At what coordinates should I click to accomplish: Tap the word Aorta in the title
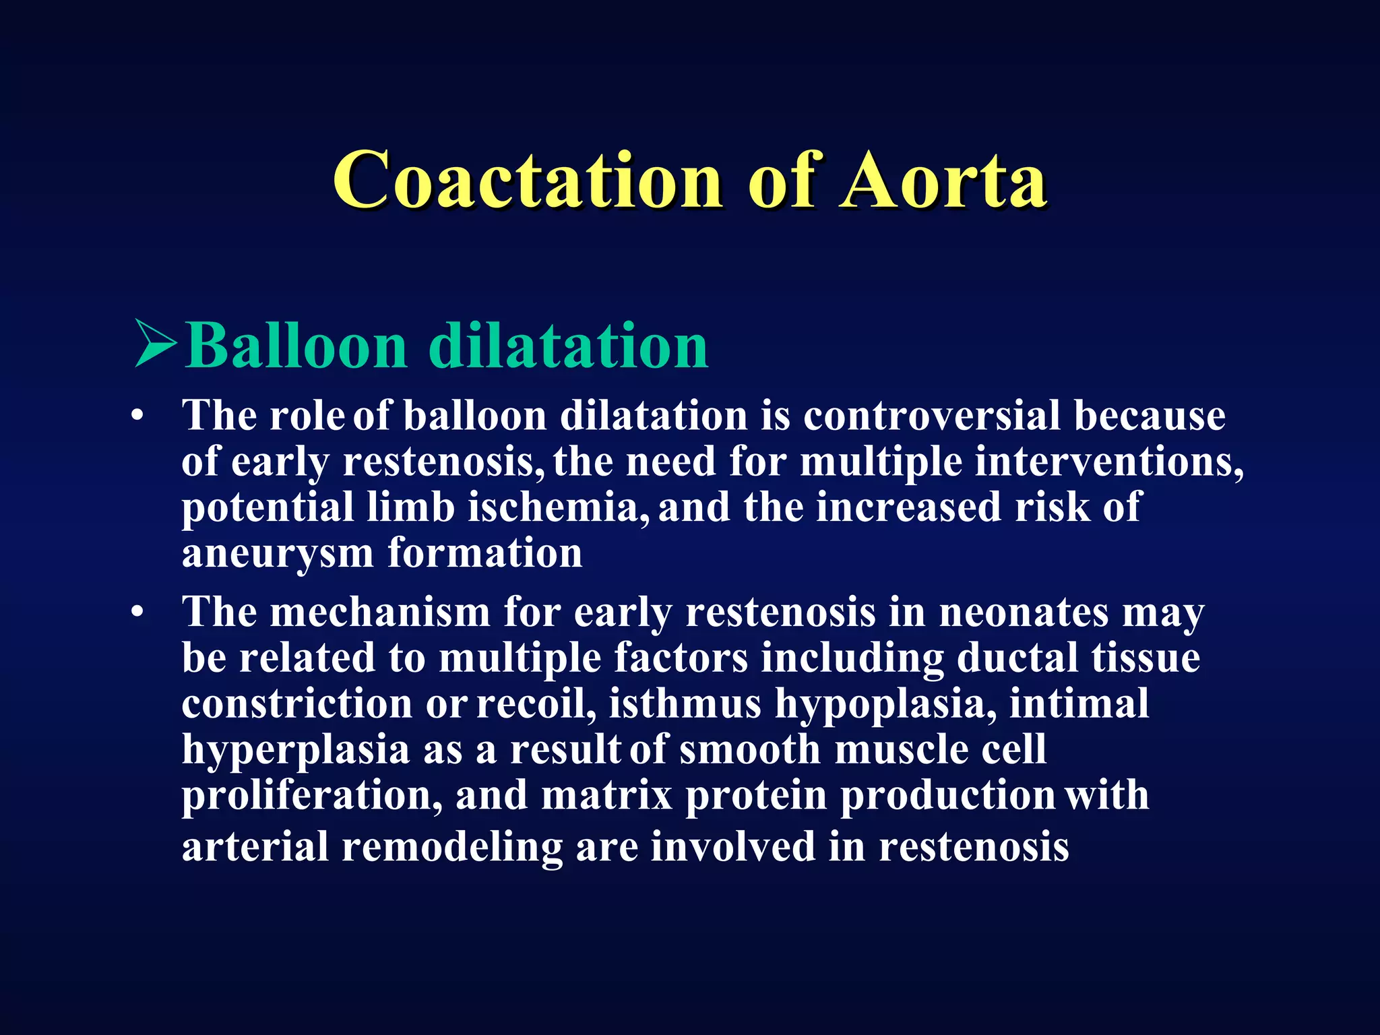pos(943,181)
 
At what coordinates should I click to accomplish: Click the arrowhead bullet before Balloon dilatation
pos(155,344)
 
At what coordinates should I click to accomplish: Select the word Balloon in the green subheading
pos(296,345)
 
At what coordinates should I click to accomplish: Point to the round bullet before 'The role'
pos(138,417)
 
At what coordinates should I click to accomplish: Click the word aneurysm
pos(278,554)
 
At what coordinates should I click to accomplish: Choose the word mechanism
pos(380,613)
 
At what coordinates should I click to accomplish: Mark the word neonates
pos(1024,613)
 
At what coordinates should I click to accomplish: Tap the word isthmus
pos(685,703)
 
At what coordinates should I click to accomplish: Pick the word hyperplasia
pos(295,751)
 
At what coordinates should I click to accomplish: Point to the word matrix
pos(606,795)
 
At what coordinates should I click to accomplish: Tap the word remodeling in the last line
pos(452,846)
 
